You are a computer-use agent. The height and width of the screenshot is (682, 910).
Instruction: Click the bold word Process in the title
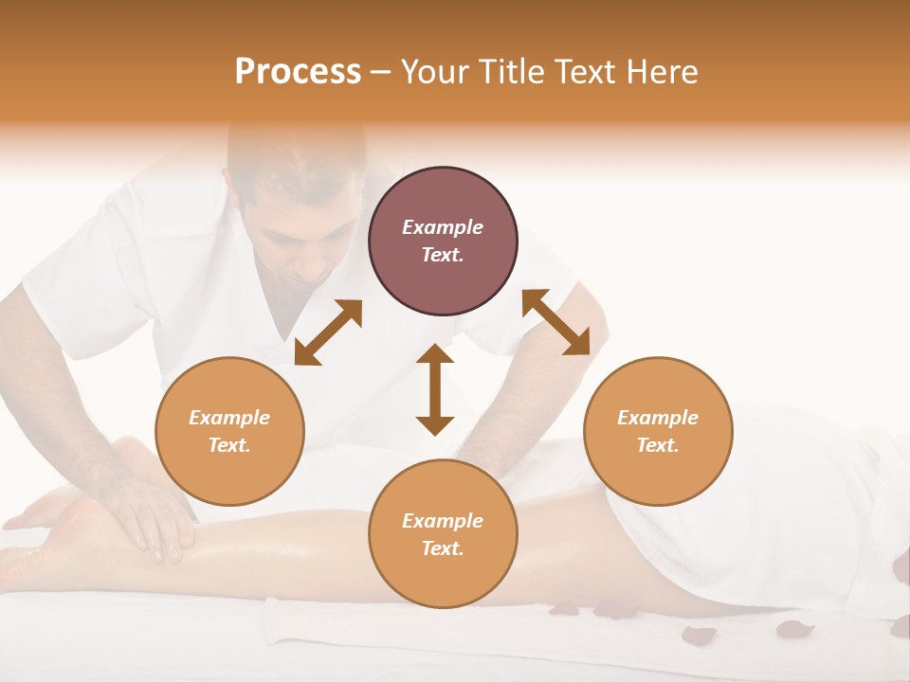pyautogui.click(x=298, y=72)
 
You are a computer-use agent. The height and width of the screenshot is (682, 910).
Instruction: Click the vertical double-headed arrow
pyautogui.click(x=435, y=389)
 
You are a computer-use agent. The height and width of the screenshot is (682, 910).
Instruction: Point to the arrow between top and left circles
pyautogui.click(x=329, y=332)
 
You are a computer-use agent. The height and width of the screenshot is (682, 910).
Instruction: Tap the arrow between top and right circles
pyautogui.click(x=555, y=322)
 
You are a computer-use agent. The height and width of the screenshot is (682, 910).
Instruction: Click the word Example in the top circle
pyautogui.click(x=443, y=227)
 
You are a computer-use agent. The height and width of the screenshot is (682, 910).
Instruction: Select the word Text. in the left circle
pyautogui.click(x=229, y=445)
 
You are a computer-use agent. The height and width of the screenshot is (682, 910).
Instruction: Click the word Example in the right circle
pyautogui.click(x=658, y=418)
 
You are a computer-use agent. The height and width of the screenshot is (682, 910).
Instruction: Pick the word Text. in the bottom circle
pyautogui.click(x=443, y=548)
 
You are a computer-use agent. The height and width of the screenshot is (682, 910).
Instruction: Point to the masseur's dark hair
pyautogui.click(x=294, y=152)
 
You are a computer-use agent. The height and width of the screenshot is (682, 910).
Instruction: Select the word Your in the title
pyautogui.click(x=437, y=72)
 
